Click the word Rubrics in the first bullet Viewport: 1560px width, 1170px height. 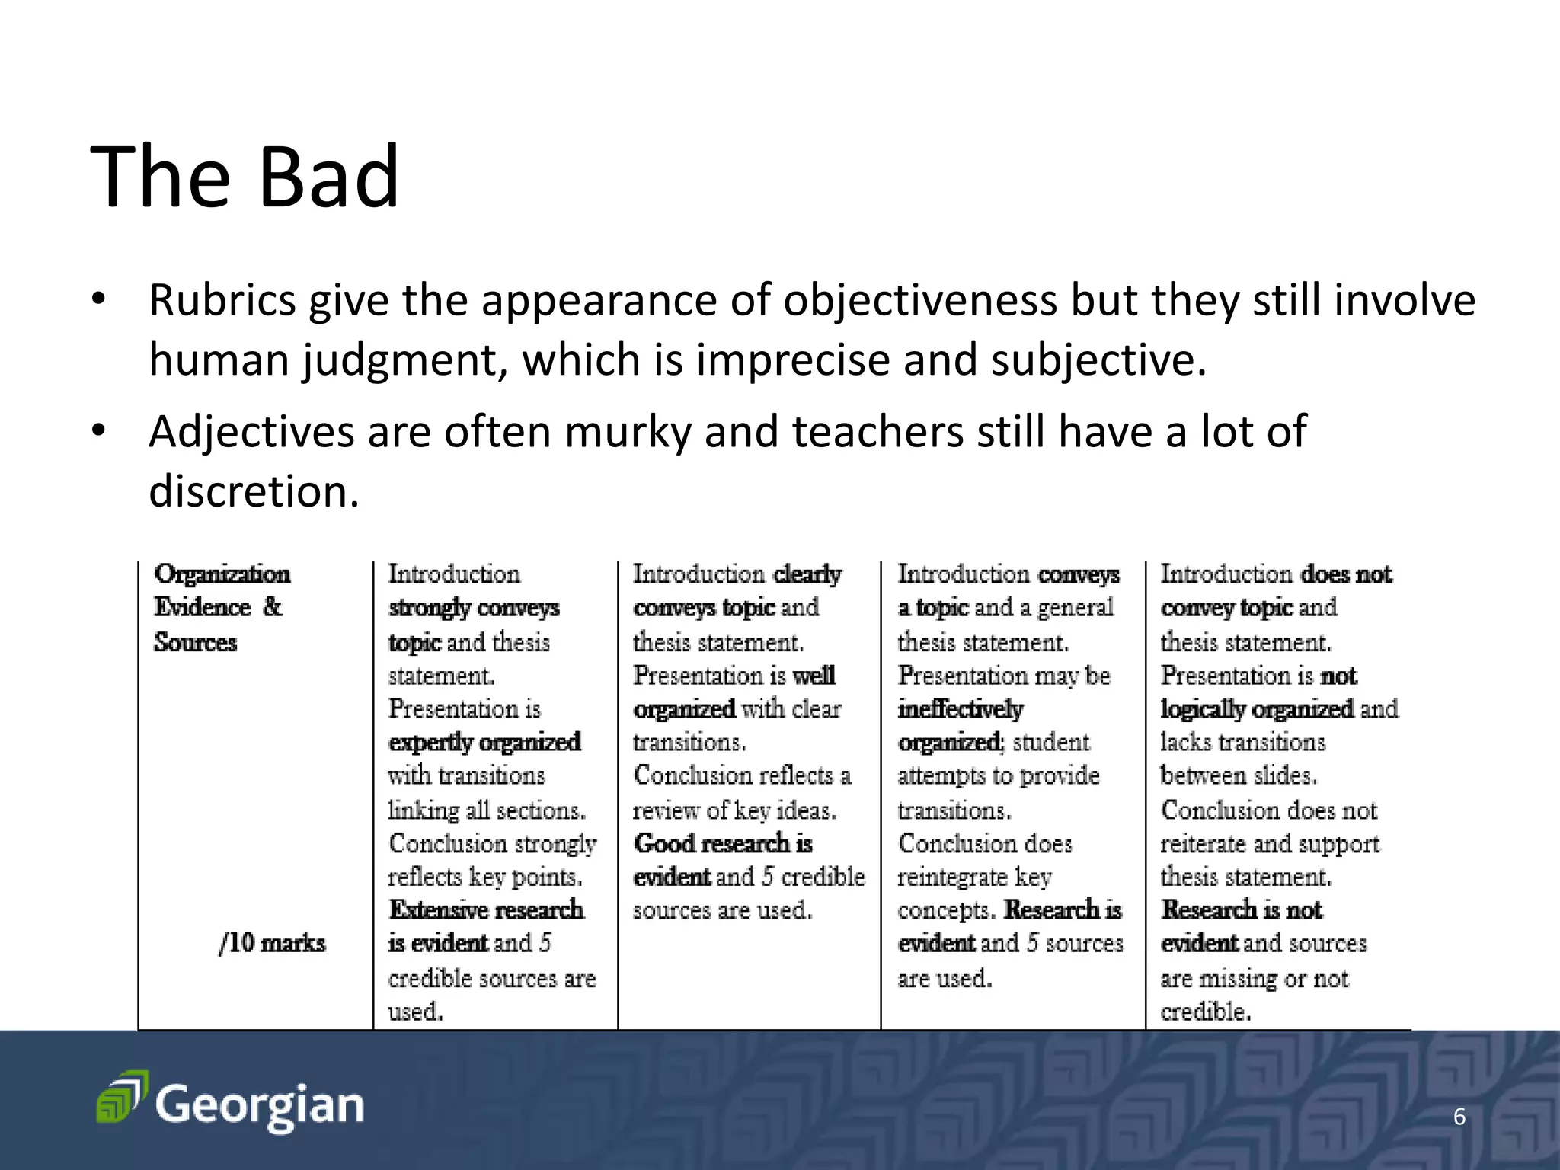(x=222, y=300)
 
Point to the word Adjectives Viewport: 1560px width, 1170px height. (x=251, y=432)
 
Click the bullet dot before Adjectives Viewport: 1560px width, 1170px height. (x=97, y=432)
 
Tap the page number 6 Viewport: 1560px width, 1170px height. (x=1459, y=1117)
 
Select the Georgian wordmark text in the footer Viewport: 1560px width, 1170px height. (x=260, y=1106)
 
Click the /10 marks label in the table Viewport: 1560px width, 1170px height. (x=272, y=943)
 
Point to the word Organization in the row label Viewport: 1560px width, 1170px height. (x=222, y=574)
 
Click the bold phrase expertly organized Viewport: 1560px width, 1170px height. (x=484, y=742)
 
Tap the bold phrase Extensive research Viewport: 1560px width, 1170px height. (x=486, y=909)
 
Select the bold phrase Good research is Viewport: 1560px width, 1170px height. (x=723, y=844)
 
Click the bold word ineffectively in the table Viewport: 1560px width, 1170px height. (x=960, y=709)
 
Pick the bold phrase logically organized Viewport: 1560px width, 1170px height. (x=1257, y=709)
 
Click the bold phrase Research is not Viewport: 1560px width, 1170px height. (x=1242, y=909)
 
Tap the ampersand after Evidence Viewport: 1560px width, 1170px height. (x=272, y=607)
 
